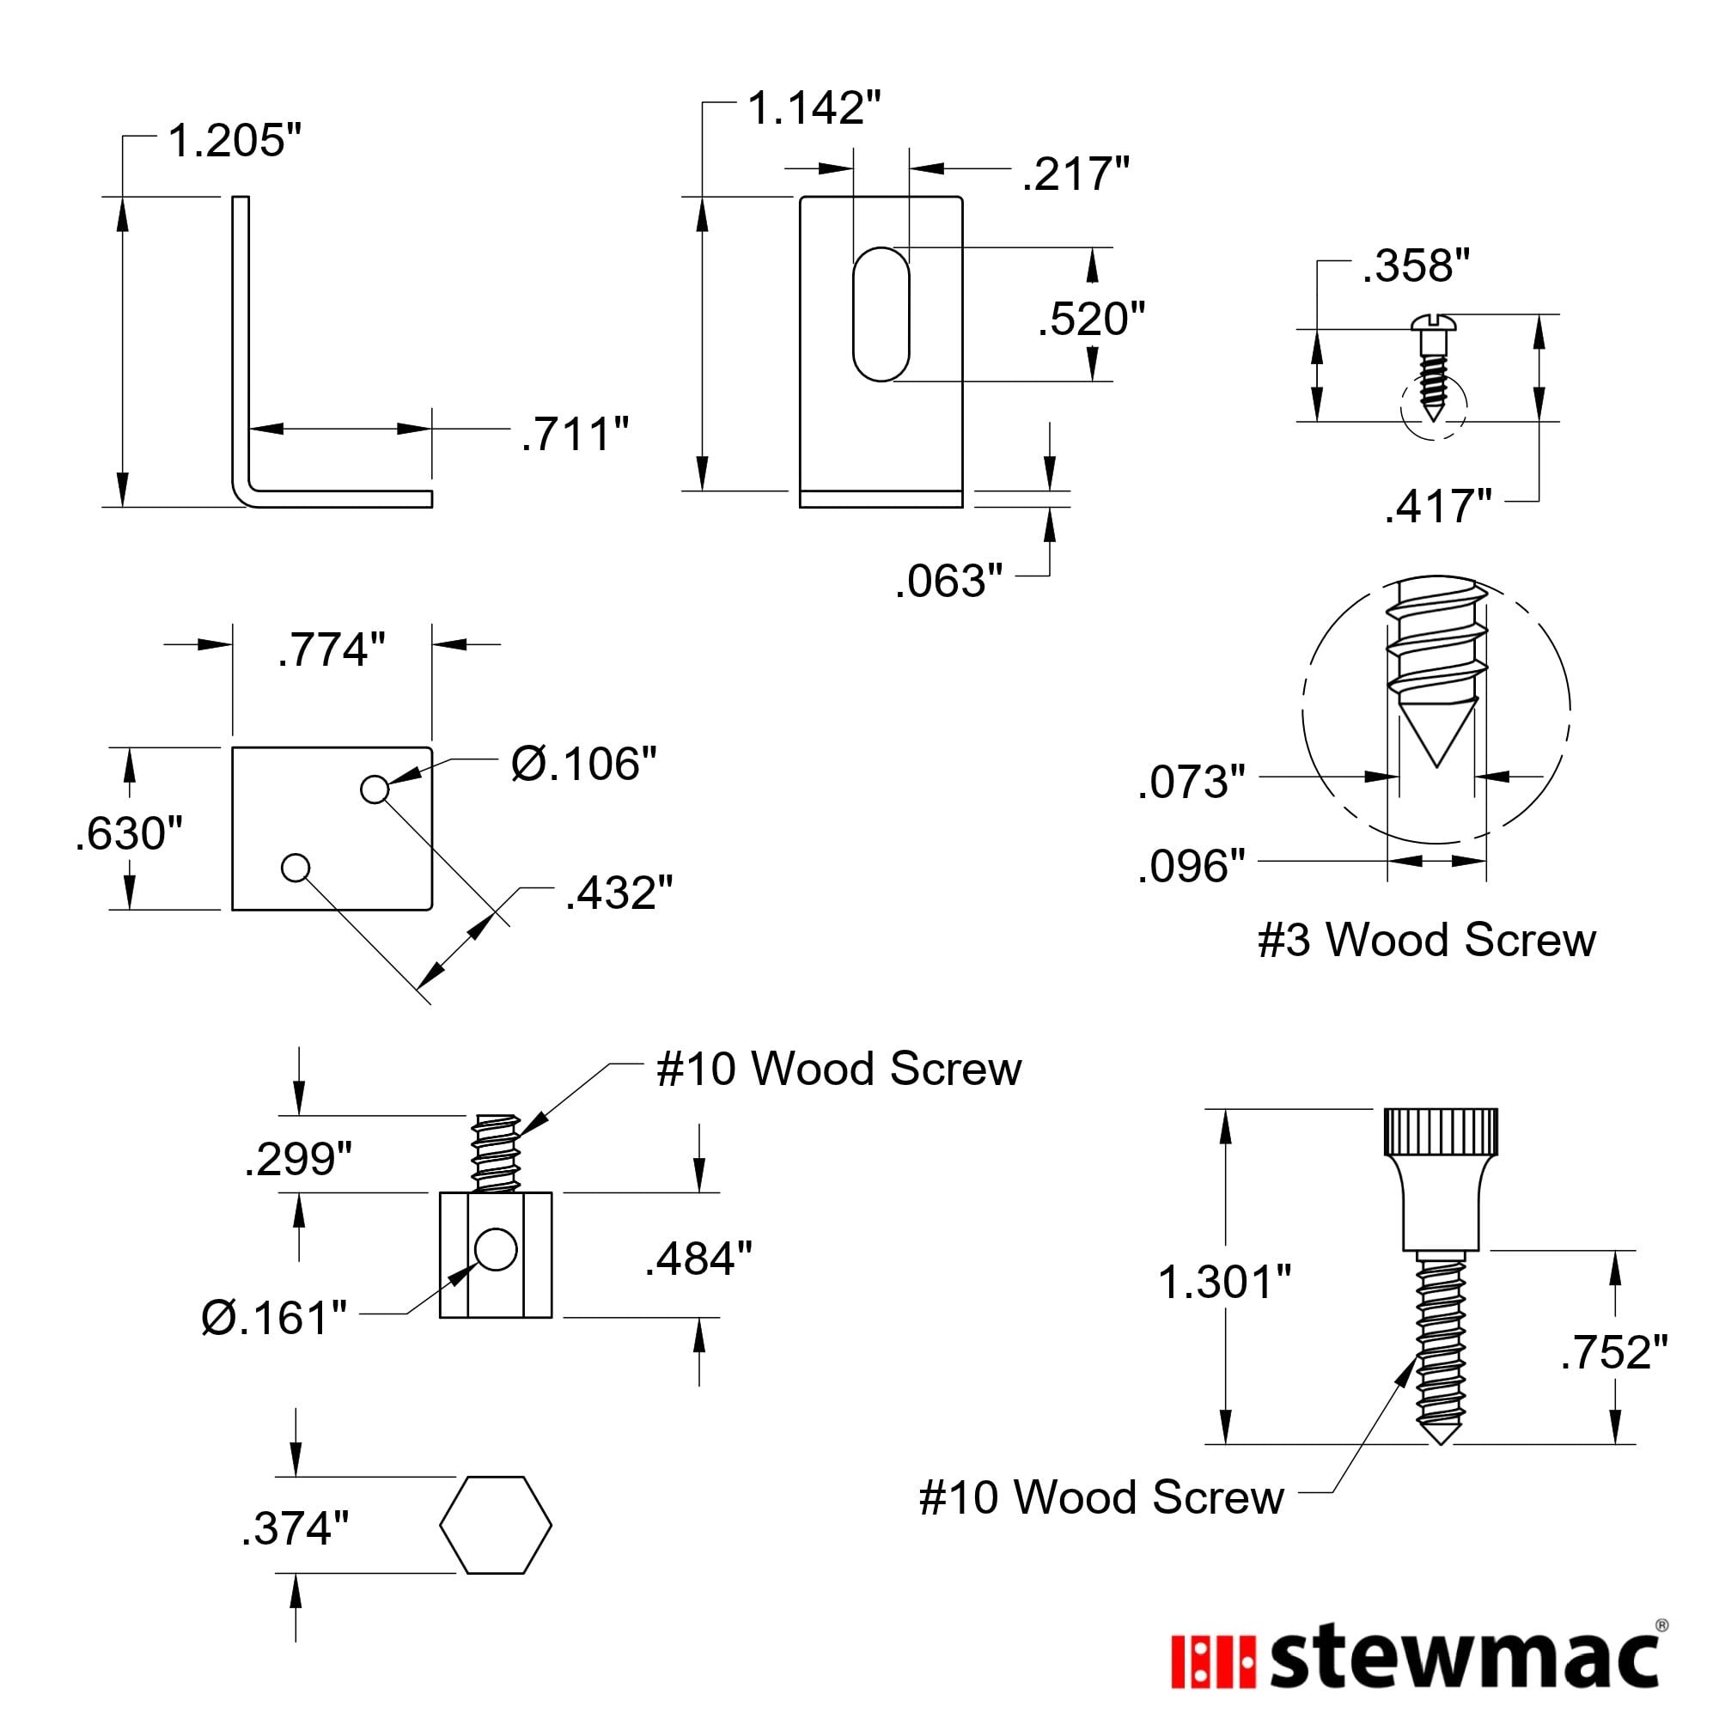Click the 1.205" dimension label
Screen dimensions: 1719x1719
[x=235, y=142]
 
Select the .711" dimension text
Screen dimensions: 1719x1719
[x=575, y=434]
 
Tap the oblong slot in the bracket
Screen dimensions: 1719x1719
[x=881, y=314]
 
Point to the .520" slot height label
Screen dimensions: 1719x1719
[x=1092, y=320]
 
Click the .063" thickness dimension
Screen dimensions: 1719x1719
[x=948, y=581]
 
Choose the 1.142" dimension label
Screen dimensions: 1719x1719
[x=814, y=108]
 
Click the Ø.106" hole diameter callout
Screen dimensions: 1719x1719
[x=583, y=765]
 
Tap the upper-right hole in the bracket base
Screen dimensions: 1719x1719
[x=375, y=789]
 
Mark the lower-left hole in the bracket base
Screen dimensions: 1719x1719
[x=296, y=868]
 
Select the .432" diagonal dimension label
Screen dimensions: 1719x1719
[x=619, y=893]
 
